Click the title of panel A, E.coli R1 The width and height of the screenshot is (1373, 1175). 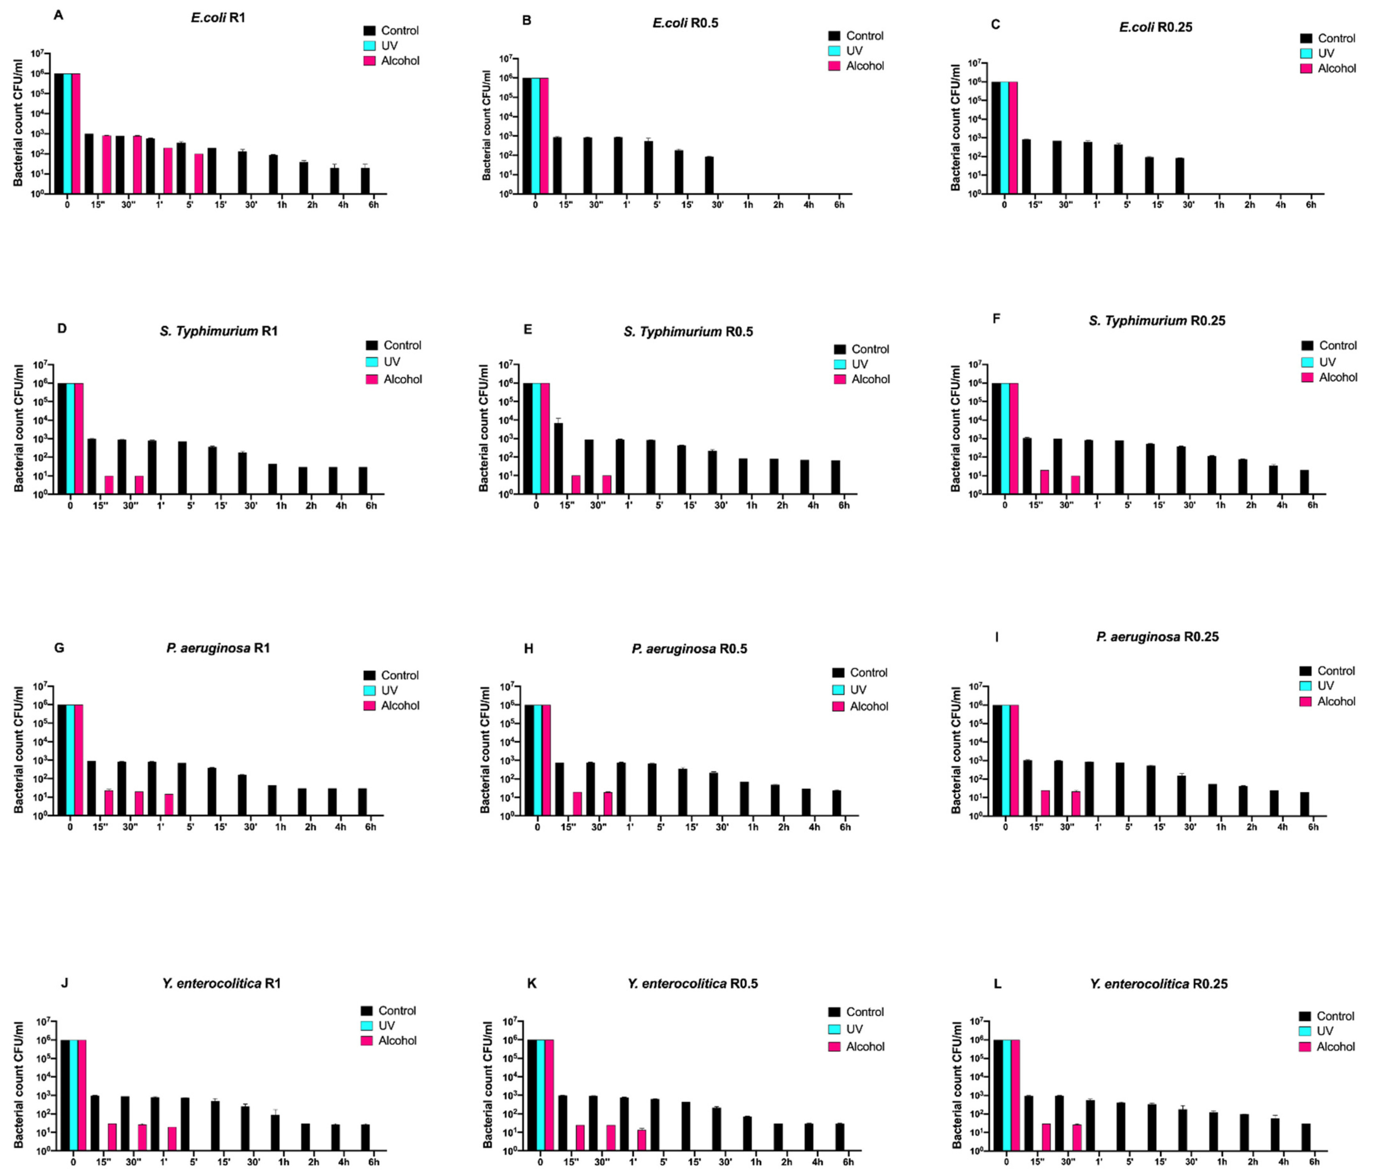(218, 18)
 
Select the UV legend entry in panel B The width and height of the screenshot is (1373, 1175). (854, 50)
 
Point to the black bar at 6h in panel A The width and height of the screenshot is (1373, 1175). (365, 180)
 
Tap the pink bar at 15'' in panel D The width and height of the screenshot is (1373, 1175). (109, 485)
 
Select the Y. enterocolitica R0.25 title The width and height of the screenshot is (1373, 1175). (1158, 984)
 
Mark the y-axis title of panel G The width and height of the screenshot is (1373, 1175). (19, 750)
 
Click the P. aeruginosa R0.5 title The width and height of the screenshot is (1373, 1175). (689, 648)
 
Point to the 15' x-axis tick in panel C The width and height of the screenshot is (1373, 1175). (1158, 205)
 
